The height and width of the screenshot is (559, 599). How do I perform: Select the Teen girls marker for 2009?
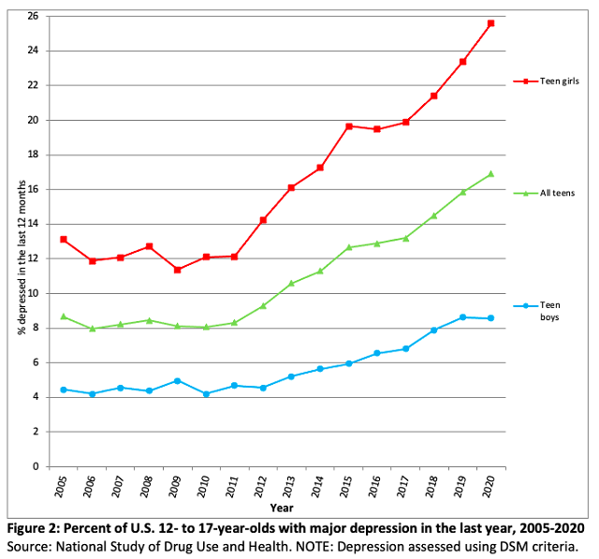coord(177,270)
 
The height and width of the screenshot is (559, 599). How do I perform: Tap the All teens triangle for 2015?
coord(348,247)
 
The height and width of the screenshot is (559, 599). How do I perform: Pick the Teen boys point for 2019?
coord(462,317)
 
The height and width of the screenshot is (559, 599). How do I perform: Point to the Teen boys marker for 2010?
coord(206,394)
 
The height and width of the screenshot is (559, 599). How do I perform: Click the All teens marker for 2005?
coord(63,316)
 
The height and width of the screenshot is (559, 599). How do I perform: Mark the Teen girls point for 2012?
coord(263,220)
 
